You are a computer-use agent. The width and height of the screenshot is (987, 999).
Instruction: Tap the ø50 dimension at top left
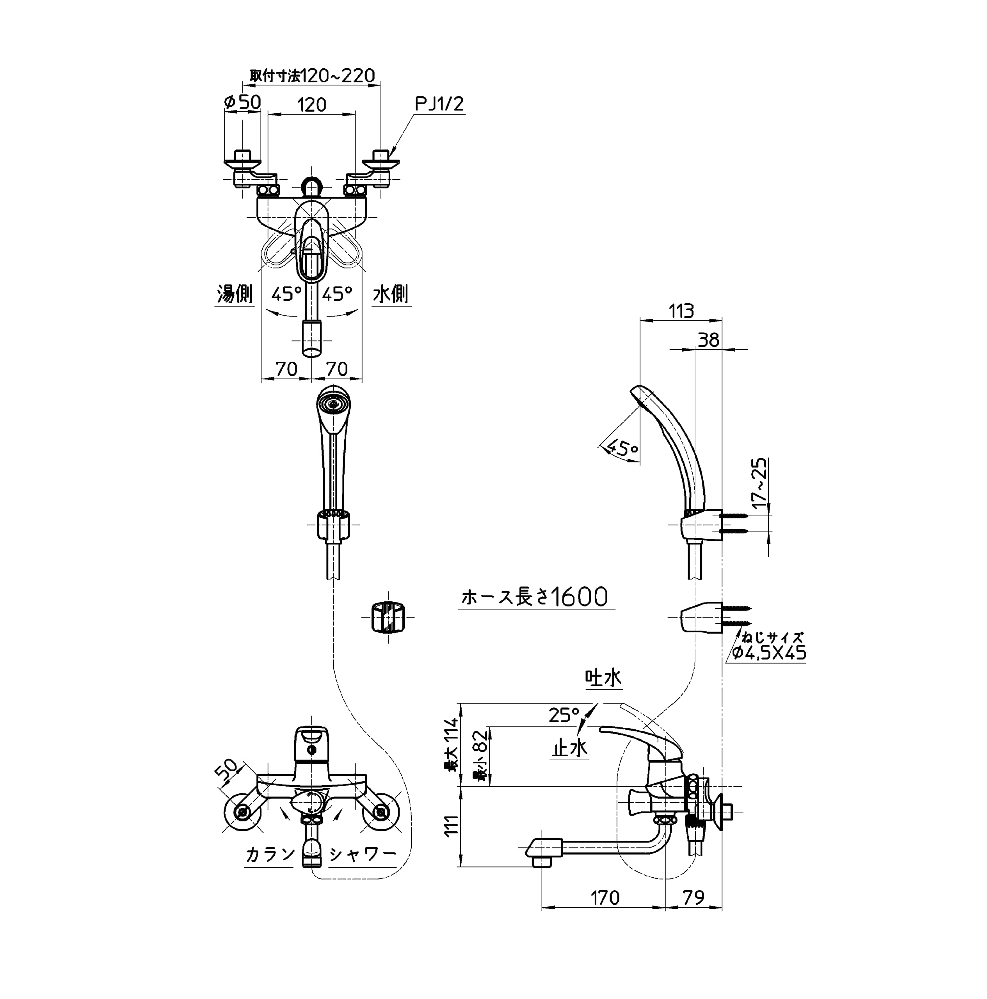pyautogui.click(x=242, y=102)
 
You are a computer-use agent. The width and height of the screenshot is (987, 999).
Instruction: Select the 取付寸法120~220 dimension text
pyautogui.click(x=312, y=76)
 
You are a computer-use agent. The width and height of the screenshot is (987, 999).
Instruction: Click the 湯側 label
pyautogui.click(x=234, y=294)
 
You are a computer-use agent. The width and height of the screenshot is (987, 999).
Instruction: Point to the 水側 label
pyautogui.click(x=391, y=294)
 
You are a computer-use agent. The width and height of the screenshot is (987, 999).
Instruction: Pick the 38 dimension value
pyautogui.click(x=708, y=340)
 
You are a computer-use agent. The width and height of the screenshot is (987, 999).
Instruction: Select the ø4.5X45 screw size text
pyautogui.click(x=769, y=653)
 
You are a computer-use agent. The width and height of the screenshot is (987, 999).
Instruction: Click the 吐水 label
pyautogui.click(x=603, y=678)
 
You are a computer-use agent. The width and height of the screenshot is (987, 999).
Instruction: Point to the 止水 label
pyautogui.click(x=569, y=748)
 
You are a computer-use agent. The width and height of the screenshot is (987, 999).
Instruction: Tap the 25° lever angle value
pyautogui.click(x=564, y=715)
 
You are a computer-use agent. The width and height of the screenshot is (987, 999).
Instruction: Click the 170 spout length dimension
pyautogui.click(x=605, y=898)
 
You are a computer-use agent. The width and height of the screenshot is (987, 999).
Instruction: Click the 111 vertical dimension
pyautogui.click(x=452, y=825)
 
